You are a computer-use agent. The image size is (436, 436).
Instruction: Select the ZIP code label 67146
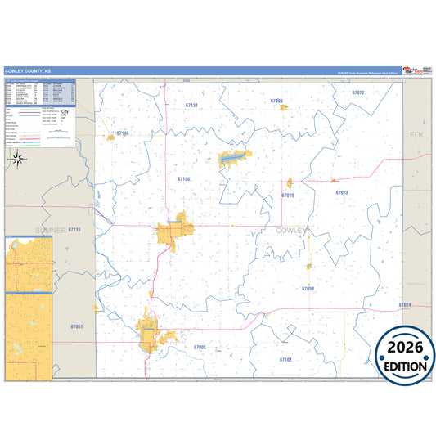point(123,133)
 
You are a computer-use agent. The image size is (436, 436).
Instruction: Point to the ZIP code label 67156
point(184,178)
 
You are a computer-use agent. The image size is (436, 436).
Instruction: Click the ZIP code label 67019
point(287,196)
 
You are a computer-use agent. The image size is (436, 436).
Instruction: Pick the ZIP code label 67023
point(342,192)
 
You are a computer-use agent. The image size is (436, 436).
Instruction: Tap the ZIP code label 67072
point(357,93)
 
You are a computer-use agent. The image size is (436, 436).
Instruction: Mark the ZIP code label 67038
point(308,289)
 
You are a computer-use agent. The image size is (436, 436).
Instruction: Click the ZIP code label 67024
point(405,305)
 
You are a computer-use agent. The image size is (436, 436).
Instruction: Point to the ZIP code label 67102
point(285,359)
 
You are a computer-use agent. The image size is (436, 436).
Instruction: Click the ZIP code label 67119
point(74,230)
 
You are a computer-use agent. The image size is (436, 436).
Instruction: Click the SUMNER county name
point(51,230)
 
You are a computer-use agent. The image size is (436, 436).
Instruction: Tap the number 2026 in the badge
point(406,347)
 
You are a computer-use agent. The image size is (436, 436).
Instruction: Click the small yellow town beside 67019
point(289,183)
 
